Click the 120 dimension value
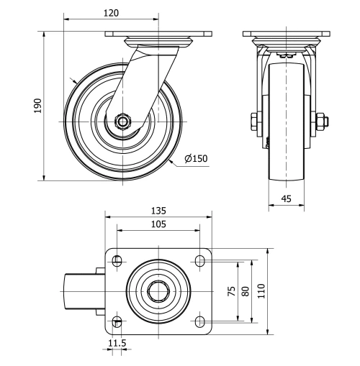(x=110, y=13)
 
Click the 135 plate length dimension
(x=158, y=211)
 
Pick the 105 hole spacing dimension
(x=158, y=224)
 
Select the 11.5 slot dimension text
(x=117, y=344)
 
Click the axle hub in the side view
(x=123, y=122)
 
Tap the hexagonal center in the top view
(x=158, y=291)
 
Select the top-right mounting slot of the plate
(x=199, y=260)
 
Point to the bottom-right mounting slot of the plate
(x=199, y=321)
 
